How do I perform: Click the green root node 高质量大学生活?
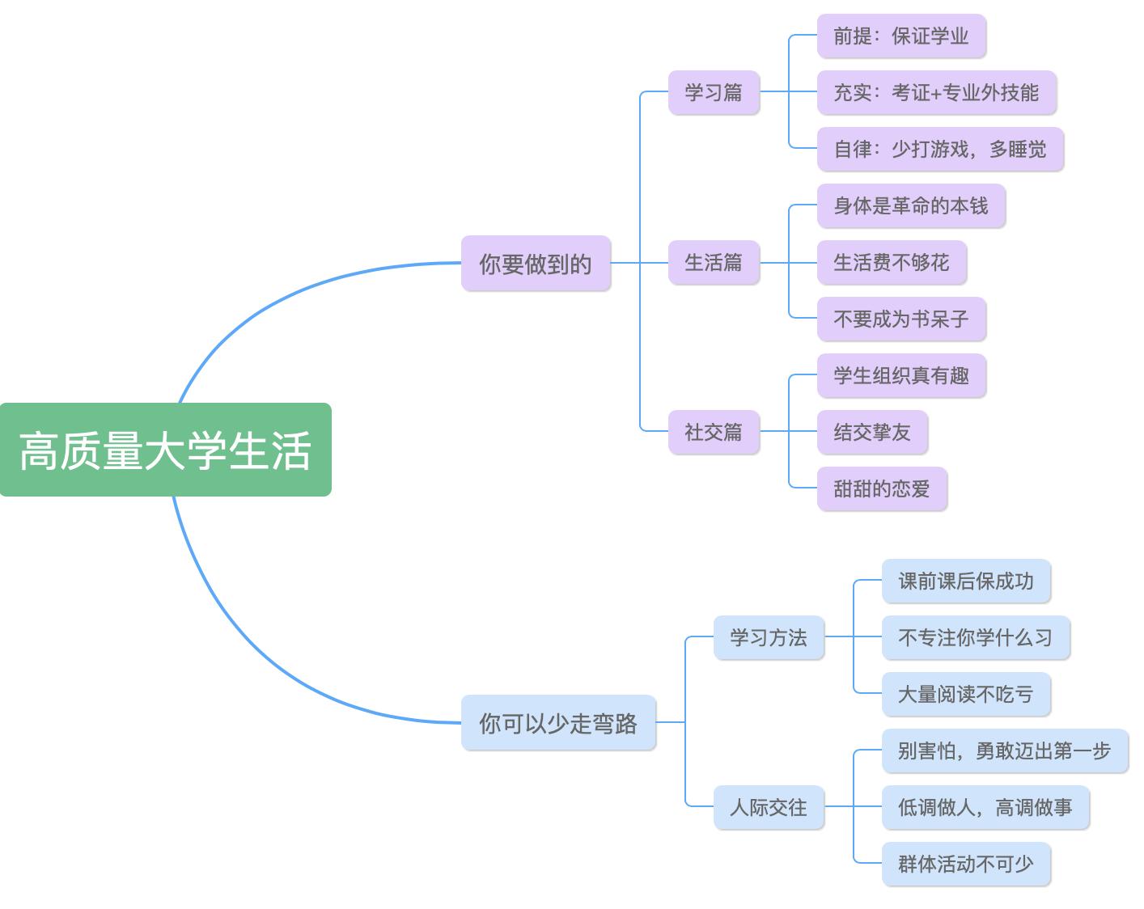[x=166, y=450]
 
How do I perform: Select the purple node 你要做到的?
[x=536, y=264]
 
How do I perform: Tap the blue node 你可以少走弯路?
[x=558, y=723]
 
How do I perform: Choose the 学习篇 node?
[x=714, y=92]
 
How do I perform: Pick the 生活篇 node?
[x=714, y=262]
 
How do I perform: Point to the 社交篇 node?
[x=714, y=432]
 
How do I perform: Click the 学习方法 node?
[x=769, y=637]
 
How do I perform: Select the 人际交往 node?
[x=769, y=807]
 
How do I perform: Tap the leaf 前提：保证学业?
[x=901, y=36]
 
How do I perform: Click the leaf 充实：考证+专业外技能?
[x=936, y=92]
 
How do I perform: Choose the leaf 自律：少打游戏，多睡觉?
[x=940, y=149]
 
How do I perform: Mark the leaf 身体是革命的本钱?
[x=911, y=205]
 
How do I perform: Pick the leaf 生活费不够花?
[x=892, y=262]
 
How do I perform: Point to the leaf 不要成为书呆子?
[x=901, y=319]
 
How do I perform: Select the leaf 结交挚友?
[x=872, y=432]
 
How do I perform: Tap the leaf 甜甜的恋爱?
[x=882, y=488]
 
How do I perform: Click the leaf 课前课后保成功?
[x=966, y=581]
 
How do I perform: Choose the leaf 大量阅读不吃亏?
[x=966, y=694]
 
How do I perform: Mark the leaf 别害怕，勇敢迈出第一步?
[x=1005, y=750]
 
